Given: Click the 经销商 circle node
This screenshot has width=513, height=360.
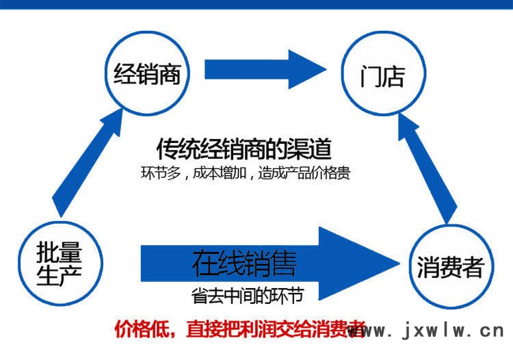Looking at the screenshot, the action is tap(147, 73).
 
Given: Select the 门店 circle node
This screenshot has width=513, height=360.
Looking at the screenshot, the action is tap(384, 73).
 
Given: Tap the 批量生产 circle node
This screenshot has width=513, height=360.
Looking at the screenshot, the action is tap(60, 263).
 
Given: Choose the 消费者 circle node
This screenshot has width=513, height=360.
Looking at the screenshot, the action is tap(451, 267).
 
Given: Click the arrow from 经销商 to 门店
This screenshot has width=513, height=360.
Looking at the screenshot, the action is tap(265, 69).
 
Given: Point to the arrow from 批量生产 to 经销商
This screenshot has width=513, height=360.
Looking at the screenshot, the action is tap(87, 163).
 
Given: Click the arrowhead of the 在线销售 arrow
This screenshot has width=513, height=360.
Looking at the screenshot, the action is tap(359, 263).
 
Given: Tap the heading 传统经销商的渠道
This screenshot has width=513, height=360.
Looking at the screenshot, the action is tap(244, 149).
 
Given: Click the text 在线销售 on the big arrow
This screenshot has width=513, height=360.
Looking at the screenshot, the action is tap(244, 263).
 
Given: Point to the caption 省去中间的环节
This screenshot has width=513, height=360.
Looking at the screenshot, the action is tap(248, 295).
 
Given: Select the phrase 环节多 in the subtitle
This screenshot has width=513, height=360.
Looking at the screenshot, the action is tap(161, 172).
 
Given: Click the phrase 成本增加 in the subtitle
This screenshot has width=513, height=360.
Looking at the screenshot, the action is tap(219, 172).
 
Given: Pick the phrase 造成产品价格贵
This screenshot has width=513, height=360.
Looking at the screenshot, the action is tap(304, 172).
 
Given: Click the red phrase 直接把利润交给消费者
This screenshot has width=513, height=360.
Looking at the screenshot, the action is tap(276, 329).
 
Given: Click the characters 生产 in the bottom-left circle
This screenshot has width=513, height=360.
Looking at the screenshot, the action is tap(59, 275).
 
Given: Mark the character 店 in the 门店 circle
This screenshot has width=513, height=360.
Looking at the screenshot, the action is tap(393, 76).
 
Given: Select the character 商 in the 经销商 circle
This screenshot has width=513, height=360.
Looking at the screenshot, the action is tap(169, 74).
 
